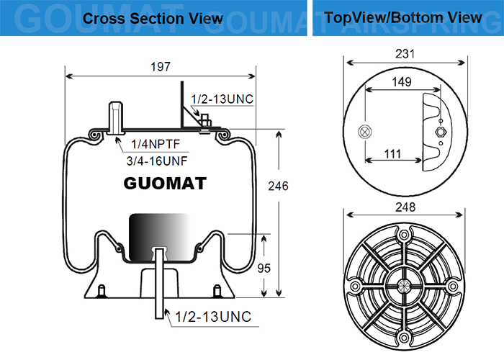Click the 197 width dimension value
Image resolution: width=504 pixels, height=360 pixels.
(161, 67)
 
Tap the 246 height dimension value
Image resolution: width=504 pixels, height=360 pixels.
(279, 186)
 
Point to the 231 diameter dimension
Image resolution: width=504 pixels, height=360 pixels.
(405, 53)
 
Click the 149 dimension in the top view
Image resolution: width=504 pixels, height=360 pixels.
(402, 82)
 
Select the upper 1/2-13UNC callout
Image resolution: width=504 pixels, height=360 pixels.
(222, 99)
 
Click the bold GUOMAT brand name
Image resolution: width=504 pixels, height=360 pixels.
(165, 183)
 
